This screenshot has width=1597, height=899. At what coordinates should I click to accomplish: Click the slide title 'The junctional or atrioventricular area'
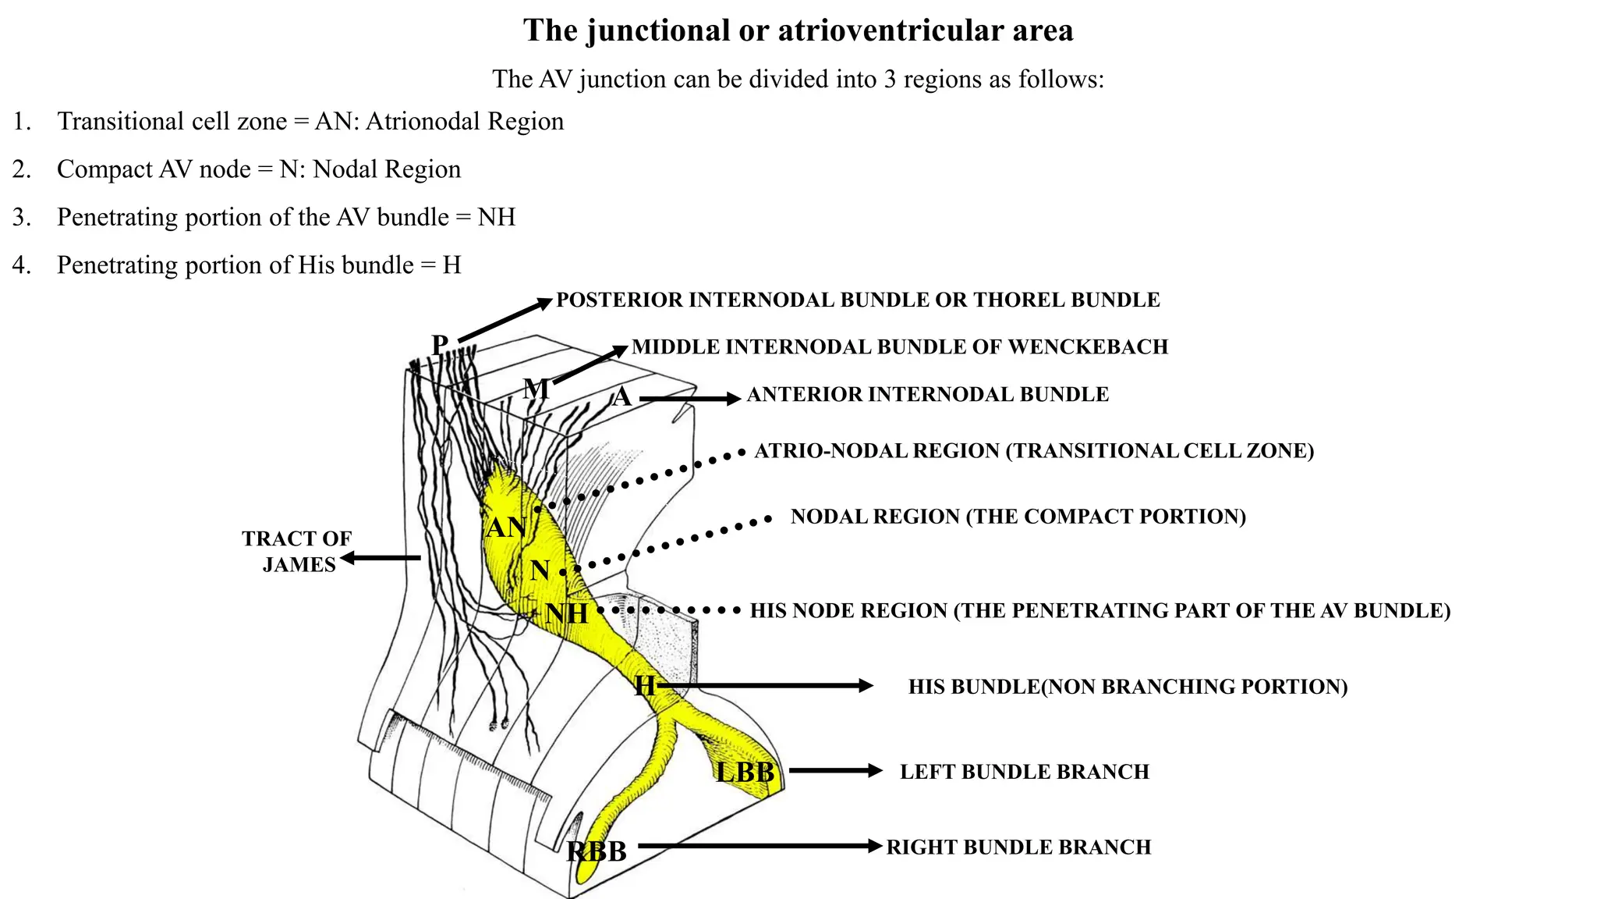click(x=798, y=31)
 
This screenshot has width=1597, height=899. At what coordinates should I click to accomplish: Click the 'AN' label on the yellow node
click(x=505, y=528)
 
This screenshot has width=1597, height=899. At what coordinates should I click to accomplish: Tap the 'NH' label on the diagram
click(x=567, y=613)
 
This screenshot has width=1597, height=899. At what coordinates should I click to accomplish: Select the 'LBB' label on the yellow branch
click(x=745, y=773)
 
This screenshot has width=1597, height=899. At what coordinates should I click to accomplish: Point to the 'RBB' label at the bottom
click(x=597, y=851)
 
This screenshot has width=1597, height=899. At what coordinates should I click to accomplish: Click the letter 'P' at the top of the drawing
click(x=440, y=344)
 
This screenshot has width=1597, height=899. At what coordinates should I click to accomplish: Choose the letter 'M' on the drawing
click(x=536, y=388)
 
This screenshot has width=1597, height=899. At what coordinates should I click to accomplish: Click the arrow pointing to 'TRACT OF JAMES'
click(x=381, y=557)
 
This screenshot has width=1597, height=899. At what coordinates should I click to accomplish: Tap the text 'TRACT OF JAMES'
click(x=297, y=551)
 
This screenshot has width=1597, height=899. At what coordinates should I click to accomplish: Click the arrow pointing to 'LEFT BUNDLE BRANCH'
click(x=834, y=770)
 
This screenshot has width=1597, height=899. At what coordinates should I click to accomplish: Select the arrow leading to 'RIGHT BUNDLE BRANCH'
click(x=760, y=846)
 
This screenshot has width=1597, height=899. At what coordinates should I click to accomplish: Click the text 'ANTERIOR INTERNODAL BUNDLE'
click(x=927, y=395)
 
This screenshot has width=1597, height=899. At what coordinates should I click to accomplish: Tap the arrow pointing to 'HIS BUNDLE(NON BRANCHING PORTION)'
click(x=764, y=686)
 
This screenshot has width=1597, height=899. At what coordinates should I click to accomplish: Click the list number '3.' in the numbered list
click(x=22, y=217)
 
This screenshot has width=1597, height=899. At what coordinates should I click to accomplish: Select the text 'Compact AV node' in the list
click(x=154, y=169)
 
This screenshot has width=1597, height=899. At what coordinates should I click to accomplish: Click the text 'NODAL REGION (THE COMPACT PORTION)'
click(x=1018, y=517)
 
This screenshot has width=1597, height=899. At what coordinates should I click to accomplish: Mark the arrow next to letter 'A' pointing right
click(x=689, y=399)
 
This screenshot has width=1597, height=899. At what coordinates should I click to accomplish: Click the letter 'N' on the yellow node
click(x=540, y=570)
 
